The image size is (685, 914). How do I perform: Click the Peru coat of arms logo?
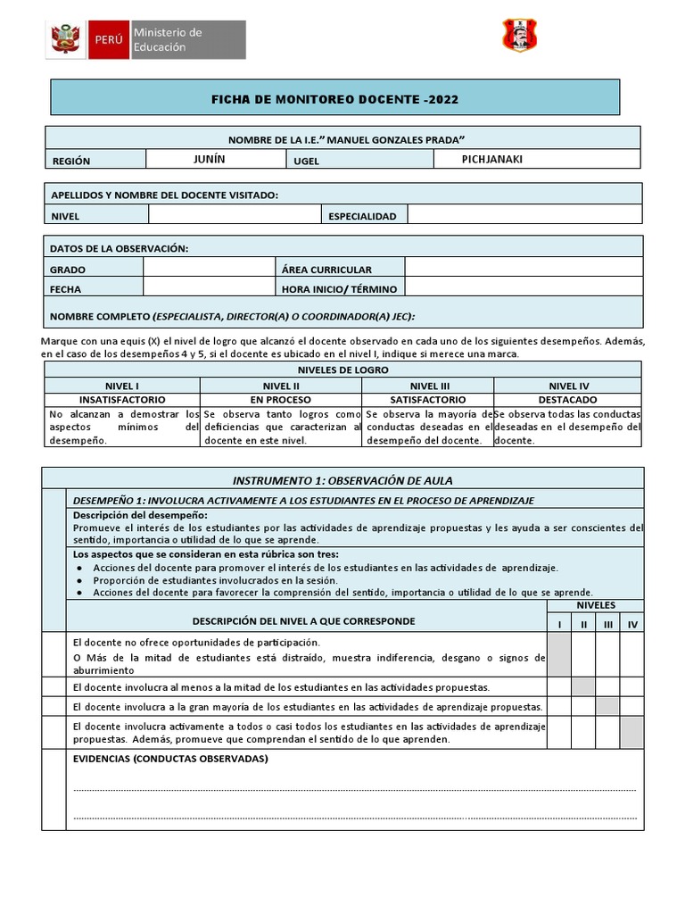pos(66,39)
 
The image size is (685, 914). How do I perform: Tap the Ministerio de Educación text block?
pos(168,40)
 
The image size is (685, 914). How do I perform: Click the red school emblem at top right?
pos(521,36)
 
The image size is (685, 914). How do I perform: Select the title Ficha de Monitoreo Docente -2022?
pos(334,99)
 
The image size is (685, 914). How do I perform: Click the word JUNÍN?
pos(210,159)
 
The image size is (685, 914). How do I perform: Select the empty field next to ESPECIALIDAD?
pos(524,215)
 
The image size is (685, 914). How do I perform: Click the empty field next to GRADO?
pos(210,268)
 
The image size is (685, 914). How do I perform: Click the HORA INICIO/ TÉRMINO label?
pos(339,289)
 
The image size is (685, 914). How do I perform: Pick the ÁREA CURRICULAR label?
pos(326,269)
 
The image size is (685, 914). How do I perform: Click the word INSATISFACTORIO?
pos(121,400)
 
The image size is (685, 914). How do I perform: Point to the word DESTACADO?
pos(567,400)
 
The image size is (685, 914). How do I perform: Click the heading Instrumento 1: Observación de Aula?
pos(342,480)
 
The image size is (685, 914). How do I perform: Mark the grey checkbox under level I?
pos(559,654)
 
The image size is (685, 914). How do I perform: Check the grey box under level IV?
pos(631,732)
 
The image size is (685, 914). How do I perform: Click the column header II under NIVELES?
pos(583,625)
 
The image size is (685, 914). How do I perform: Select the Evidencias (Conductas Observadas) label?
pos(169,759)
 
